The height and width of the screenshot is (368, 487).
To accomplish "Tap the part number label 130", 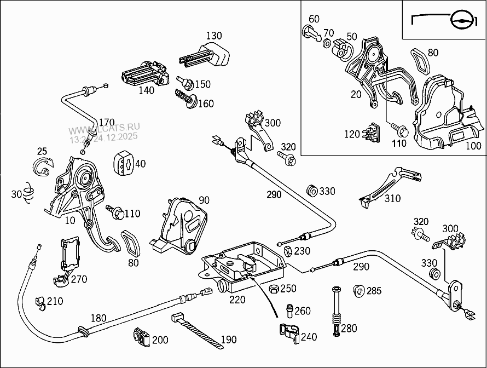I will click(x=214, y=36).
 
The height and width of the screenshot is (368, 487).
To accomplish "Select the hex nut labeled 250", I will click(x=274, y=289).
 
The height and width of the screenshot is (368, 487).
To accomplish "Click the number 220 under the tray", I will click(x=237, y=300).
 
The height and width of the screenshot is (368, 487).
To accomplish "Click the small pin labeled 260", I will click(x=288, y=310).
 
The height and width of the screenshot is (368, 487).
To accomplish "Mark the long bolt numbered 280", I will click(x=335, y=312).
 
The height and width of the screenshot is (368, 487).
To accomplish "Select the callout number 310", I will click(x=392, y=199).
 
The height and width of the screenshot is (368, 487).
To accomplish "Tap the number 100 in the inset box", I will click(x=473, y=146).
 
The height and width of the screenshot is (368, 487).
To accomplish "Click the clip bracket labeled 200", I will click(x=141, y=338).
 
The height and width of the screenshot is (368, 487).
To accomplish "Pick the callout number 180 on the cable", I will click(x=98, y=318).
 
